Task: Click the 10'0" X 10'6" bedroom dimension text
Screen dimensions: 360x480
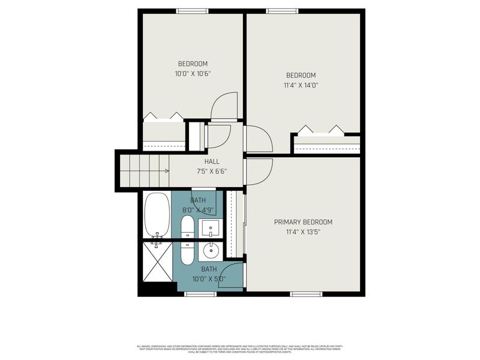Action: pyautogui.click(x=192, y=74)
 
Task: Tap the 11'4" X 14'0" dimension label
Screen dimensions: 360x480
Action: pyautogui.click(x=301, y=85)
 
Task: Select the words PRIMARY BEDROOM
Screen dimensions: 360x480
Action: pyautogui.click(x=303, y=222)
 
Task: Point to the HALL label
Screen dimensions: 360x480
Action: pyautogui.click(x=211, y=161)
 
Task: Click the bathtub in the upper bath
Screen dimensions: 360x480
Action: pyautogui.click(x=157, y=215)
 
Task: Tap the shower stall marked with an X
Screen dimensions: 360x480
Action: pyautogui.click(x=157, y=262)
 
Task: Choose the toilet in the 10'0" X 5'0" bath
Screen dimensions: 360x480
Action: pyautogui.click(x=187, y=253)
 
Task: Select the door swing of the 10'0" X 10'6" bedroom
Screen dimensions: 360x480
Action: pyautogui.click(x=224, y=106)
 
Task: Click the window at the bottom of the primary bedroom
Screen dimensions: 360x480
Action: pyautogui.click(x=306, y=294)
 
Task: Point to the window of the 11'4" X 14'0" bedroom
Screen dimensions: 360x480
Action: pyautogui.click(x=282, y=11)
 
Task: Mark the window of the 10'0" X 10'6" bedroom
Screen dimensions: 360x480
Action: pyautogui.click(x=192, y=11)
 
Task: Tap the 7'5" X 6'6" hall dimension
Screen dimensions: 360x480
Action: pyautogui.click(x=211, y=171)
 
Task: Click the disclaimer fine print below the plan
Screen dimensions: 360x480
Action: pyautogui.click(x=240, y=349)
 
